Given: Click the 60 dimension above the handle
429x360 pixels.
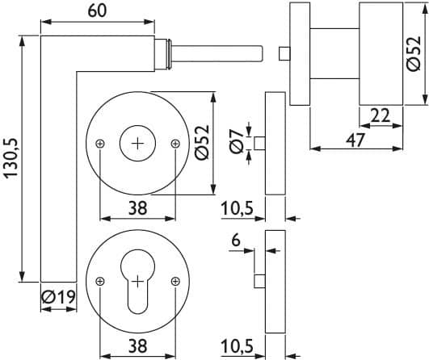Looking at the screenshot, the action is pos(97,11).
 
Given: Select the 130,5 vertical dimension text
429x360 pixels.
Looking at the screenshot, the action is pos(12,158).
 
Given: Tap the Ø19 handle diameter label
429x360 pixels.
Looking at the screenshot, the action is pos(58,297).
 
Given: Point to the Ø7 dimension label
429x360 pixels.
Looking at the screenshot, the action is pos(237,141).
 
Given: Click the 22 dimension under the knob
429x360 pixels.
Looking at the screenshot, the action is pos(380,115).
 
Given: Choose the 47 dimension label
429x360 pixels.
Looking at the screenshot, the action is pos(355,140).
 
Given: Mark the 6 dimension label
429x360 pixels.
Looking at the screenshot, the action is pos(236,241).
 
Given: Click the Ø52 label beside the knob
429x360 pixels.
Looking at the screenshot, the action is pos(413,53).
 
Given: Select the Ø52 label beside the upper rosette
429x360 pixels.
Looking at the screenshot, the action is pos(202,142).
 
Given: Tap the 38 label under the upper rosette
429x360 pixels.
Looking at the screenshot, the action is pos(138,208).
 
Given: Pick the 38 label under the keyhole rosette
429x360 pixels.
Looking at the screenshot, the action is pos(138,345).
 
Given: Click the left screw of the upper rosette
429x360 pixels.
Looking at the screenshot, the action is pos(100,144).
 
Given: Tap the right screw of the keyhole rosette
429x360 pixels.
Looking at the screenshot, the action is pos(175,281).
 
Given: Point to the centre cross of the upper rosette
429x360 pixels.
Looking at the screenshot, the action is pos(137,143).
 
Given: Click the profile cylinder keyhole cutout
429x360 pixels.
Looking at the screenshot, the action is pos(137,281).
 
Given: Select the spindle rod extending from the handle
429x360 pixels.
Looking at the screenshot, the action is pos(217,53).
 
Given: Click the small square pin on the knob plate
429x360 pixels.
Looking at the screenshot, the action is pos(284,53).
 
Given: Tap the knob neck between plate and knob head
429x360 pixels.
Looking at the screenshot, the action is pos(334,53).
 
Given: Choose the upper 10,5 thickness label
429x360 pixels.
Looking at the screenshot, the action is pos(238,208).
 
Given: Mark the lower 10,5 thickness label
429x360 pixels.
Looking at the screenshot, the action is pos(238,346).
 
